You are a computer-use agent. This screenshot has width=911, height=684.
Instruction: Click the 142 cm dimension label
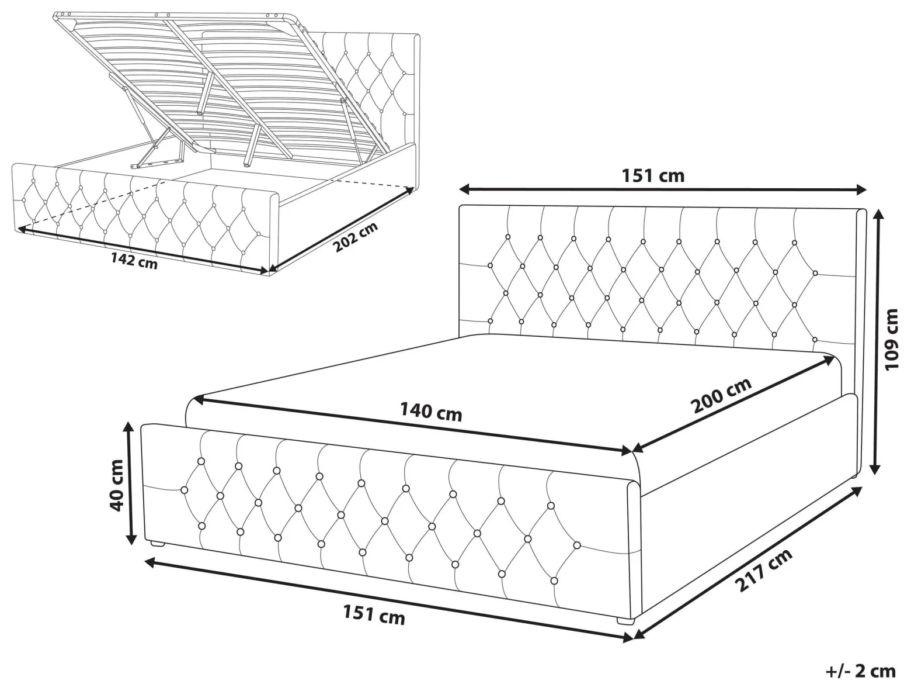[x=134, y=261]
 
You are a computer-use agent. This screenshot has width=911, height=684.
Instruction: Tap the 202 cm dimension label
[x=356, y=237]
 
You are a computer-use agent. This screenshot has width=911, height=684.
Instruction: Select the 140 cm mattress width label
[x=431, y=412]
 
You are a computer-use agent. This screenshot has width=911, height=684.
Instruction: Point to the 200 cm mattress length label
[x=721, y=395]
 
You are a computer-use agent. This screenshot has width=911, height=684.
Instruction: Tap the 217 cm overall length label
[x=764, y=570]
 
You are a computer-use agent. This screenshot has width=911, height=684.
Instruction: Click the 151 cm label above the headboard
[x=653, y=175]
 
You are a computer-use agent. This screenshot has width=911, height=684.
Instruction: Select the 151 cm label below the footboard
[x=374, y=614]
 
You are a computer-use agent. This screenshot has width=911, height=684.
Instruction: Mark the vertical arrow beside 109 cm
[x=876, y=341]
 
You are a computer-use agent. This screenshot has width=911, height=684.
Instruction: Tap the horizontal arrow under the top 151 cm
[x=663, y=191]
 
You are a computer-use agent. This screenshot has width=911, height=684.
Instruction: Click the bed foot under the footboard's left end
[x=157, y=543]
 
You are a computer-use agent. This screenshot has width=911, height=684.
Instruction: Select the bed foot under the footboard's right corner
[x=625, y=621]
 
